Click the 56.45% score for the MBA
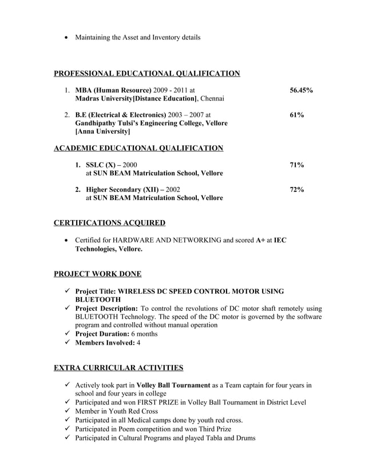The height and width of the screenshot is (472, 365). coord(301,90)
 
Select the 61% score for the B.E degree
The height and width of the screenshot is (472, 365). coord(296,115)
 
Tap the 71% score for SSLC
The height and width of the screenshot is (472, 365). coord(296,165)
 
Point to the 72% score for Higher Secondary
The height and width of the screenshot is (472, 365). coord(296,189)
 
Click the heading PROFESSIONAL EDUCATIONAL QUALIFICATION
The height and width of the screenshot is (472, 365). coord(146,73)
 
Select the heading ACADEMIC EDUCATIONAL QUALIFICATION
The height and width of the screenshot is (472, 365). coord(138,148)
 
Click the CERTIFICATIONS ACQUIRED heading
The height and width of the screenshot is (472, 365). coord(109,222)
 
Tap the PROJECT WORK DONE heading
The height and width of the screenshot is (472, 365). coord(97,274)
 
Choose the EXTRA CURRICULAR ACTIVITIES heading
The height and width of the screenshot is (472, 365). coord(118,367)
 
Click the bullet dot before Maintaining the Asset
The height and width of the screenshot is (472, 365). coord(68,38)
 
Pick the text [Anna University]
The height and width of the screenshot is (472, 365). coord(98,131)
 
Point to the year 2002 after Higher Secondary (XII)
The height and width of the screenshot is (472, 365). coord(172,189)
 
